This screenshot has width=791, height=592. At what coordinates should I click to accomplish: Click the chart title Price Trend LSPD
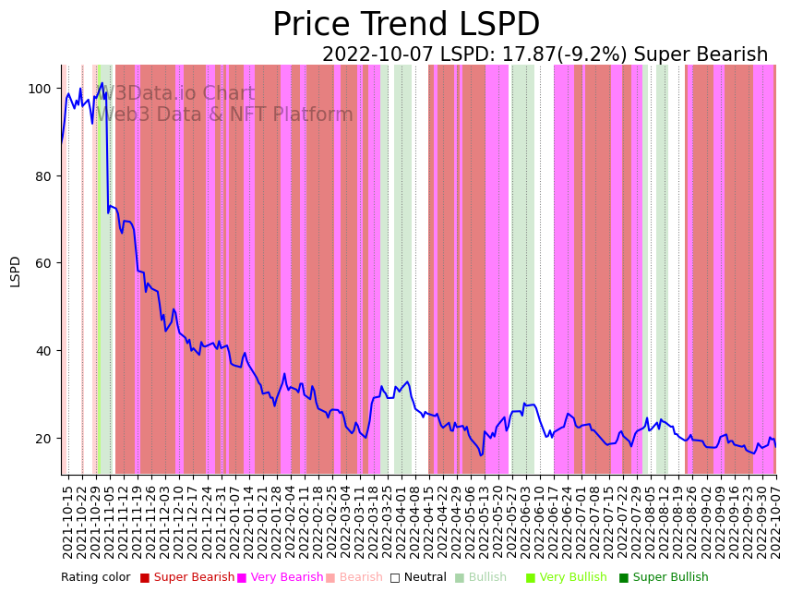pos(406,25)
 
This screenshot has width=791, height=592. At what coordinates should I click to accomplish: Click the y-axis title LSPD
pos(16,271)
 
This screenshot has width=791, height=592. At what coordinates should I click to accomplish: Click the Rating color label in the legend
pos(96,578)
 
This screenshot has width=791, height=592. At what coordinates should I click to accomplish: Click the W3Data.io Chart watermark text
pos(177,94)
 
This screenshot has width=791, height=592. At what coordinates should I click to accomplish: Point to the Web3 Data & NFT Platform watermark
pos(224,115)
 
